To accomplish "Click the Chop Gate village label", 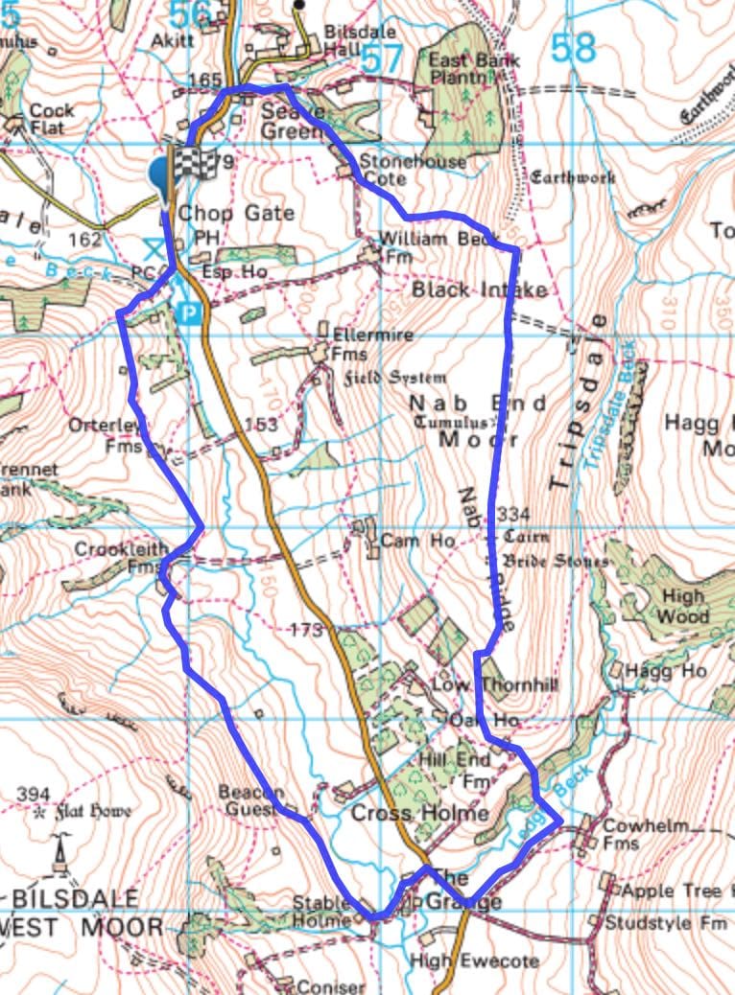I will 236,212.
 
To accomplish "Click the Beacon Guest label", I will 250,800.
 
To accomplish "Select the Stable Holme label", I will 320,913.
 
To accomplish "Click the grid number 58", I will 574,48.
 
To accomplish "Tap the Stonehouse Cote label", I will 413,169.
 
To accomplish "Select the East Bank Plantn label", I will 474,69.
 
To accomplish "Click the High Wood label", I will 683,606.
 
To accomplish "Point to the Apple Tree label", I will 672,891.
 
